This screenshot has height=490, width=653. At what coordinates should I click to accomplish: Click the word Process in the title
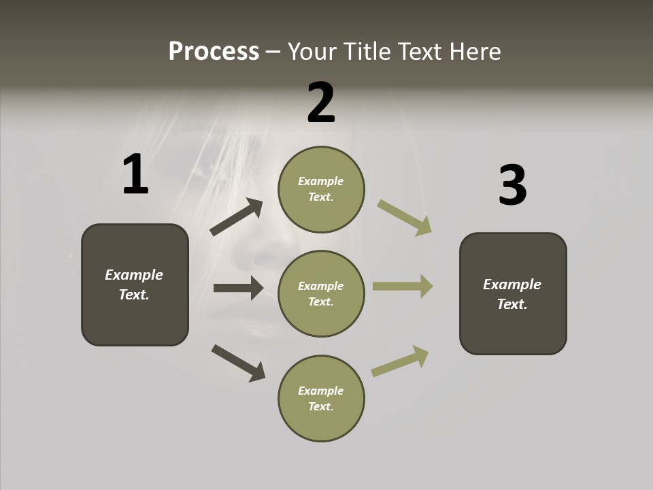point(214,52)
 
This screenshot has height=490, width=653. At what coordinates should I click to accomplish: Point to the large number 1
point(135,175)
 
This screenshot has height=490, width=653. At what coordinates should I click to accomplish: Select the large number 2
point(321,103)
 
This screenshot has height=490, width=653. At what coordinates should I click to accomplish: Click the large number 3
point(512,185)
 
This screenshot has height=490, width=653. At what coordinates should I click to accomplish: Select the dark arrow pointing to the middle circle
point(238,288)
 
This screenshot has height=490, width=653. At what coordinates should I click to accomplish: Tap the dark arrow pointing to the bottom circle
point(238,362)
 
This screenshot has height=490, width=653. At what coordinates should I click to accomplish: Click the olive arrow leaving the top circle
point(404,217)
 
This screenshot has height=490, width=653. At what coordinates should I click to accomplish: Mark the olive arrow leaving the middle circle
point(403,287)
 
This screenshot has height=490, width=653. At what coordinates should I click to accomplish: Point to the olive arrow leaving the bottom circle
point(401,361)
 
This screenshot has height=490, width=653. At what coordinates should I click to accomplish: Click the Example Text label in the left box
point(134,284)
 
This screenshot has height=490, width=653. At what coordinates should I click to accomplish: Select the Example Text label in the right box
point(512,294)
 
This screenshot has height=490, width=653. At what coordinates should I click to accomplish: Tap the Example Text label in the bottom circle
point(321,399)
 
